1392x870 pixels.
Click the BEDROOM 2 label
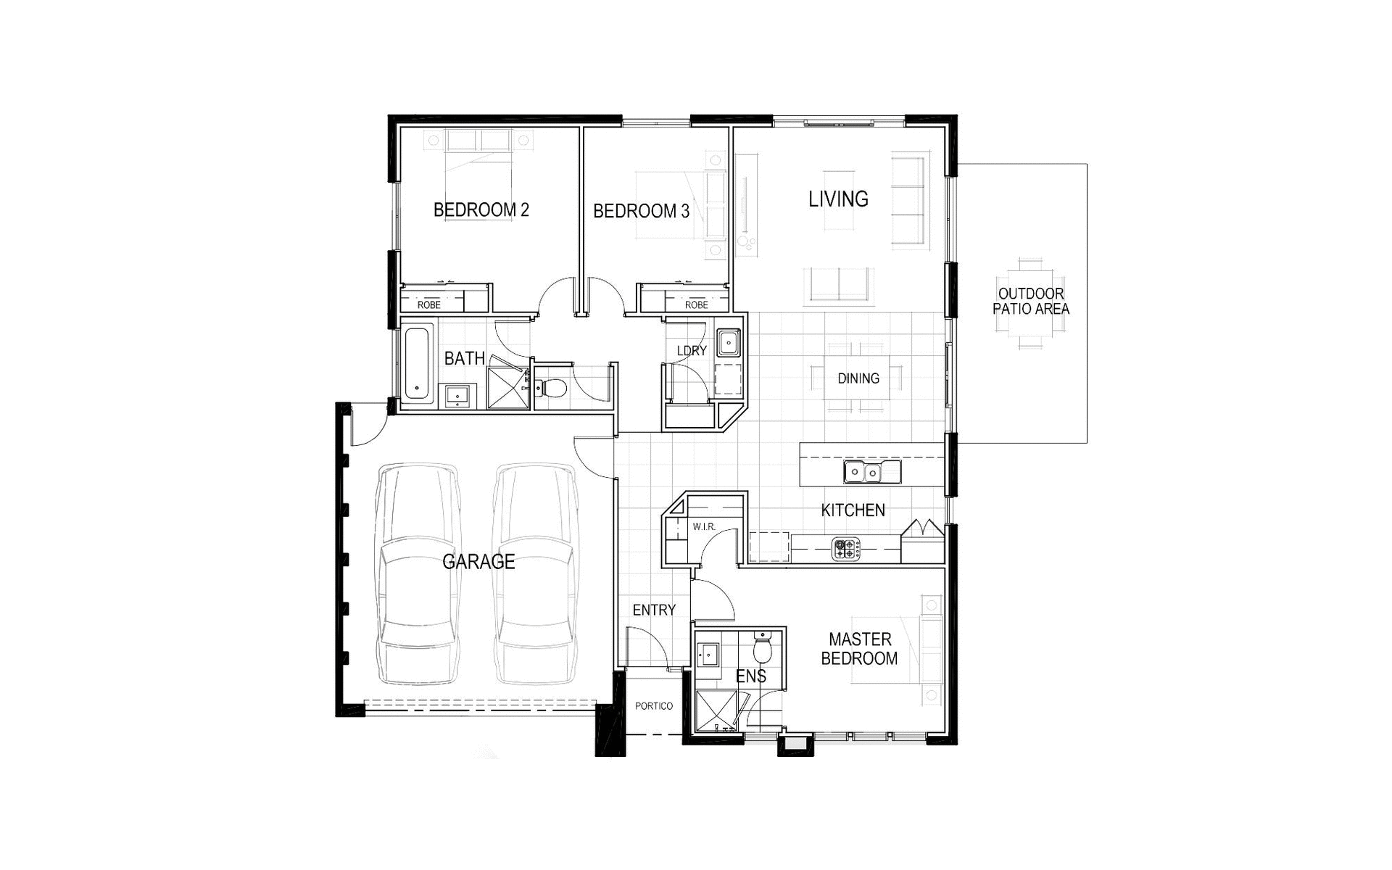coord(481,210)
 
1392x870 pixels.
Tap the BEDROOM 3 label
coord(641,212)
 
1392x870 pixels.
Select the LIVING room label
coord(838,199)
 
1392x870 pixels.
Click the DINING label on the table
coord(858,378)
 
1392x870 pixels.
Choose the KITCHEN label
coord(853,510)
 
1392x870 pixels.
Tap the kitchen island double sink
coord(872,473)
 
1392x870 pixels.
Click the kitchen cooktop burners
coord(845,549)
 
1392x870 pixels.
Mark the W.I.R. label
coord(703,527)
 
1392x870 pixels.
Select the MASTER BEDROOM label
coord(859,649)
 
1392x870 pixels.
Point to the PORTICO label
coord(653,706)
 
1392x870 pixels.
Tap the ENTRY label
coord(654,610)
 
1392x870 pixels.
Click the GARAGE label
coord(478,562)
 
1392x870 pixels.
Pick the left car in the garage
coord(418,574)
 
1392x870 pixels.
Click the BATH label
coord(465,358)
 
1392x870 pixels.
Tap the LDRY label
coord(692,351)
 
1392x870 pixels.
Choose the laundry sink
coord(728,343)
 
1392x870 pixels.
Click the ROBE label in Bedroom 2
coord(428,305)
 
